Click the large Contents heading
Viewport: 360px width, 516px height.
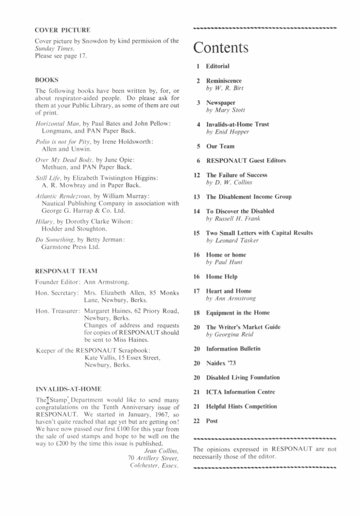point(221,48)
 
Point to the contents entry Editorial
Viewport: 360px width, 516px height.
point(218,67)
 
